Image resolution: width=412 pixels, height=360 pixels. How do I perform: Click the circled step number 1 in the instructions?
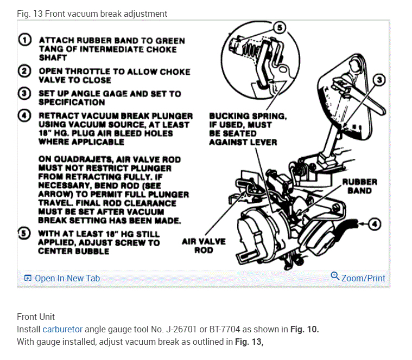25,41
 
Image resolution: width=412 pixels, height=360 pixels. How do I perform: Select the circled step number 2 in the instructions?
25,72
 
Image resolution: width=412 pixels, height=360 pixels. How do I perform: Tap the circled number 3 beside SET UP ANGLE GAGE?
25,93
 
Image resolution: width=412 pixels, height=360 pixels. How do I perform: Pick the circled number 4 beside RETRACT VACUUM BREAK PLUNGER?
25,115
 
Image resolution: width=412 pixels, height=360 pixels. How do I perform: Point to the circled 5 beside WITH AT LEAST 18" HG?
25,234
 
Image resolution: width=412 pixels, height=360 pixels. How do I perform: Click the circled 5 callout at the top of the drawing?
278,28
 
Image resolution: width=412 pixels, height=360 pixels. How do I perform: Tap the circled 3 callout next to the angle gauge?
379,80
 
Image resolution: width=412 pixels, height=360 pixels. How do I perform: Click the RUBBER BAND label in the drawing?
359,187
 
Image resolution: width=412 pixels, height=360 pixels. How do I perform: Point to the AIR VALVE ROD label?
204,246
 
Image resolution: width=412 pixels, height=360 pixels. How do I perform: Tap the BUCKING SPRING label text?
248,116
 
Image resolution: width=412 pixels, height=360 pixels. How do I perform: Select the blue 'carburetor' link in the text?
62,329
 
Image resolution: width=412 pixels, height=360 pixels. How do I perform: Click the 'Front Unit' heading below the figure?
36,317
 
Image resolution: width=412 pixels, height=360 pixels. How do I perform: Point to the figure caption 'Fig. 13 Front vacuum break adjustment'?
92,14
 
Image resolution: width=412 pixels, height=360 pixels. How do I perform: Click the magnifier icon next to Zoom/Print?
335,277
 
